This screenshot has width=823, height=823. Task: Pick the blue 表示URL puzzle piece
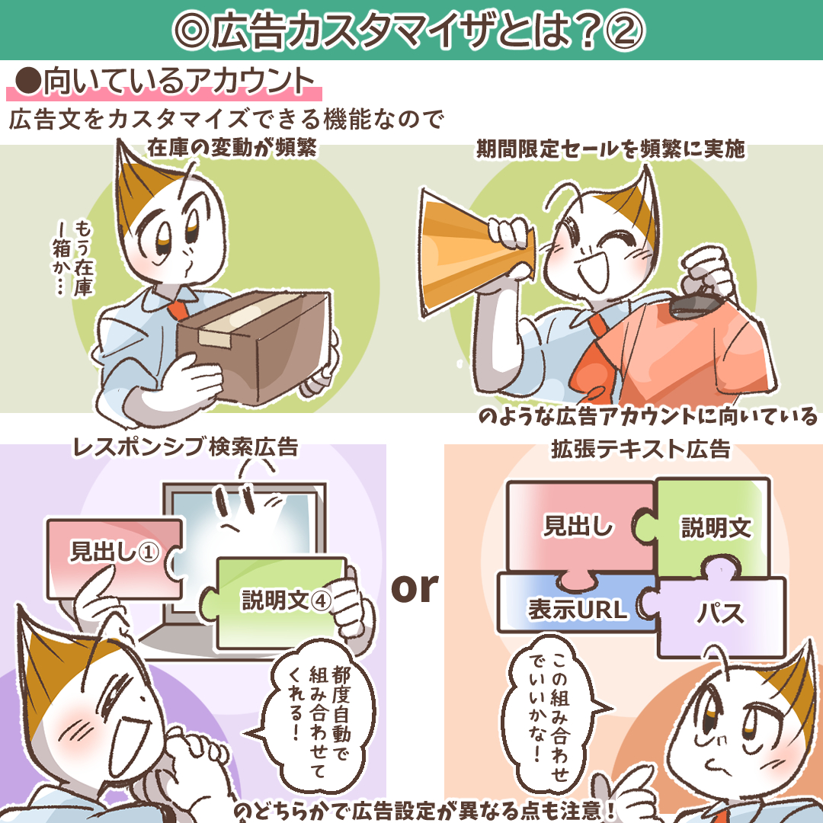tap(575, 604)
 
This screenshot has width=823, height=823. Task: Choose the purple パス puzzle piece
tap(719, 611)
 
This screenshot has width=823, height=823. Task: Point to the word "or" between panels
tap(415, 588)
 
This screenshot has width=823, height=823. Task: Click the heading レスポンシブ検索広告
tap(185, 447)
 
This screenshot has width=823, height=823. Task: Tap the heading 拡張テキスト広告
tap(640, 450)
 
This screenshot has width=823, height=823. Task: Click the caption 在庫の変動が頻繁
tap(232, 148)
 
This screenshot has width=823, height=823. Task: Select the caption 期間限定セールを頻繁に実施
tap(610, 149)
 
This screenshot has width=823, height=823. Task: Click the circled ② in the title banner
tap(624, 30)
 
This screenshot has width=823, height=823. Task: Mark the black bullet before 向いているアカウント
tap(28, 81)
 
